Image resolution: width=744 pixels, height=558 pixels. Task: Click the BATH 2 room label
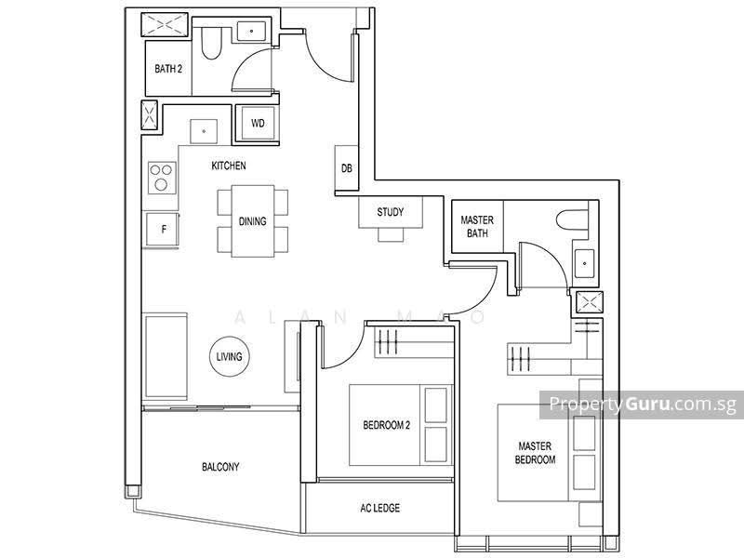168,69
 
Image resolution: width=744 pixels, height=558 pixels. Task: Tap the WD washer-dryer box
258,124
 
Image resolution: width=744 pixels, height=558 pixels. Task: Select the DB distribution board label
347,168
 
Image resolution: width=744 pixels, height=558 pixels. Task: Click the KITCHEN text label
229,166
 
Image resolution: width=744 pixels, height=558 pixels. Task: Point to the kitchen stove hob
162,178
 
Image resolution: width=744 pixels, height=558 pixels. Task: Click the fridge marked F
163,230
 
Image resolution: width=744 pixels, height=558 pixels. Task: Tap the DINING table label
252,221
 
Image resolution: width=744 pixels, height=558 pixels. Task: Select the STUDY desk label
391,212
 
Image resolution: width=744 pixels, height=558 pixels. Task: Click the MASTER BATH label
477,226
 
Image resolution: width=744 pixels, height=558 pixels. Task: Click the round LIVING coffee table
229,356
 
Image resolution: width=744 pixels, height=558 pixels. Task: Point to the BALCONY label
220,467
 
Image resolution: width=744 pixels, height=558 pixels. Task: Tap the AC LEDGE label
380,508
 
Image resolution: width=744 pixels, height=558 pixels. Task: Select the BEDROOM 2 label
386,425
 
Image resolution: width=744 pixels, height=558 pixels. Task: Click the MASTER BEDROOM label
535,453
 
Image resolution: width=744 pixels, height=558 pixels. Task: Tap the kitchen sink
204,131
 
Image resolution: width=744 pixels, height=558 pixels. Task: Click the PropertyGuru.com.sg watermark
643,405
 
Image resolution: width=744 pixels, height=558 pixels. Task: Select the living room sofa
166,356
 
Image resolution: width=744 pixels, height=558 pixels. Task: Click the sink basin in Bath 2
251,31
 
